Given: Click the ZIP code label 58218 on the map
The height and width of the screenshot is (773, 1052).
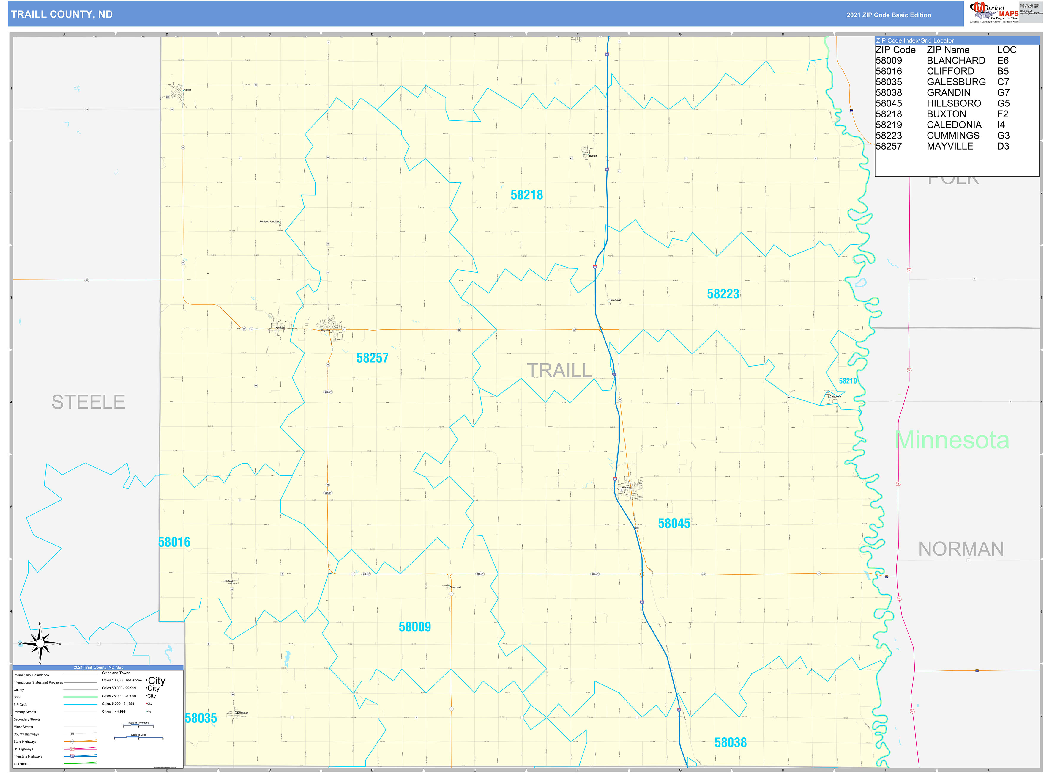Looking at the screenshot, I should [526, 195].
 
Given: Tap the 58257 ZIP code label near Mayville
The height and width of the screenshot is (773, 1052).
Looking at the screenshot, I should [372, 359].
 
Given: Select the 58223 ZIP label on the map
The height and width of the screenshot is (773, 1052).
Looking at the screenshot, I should [723, 294].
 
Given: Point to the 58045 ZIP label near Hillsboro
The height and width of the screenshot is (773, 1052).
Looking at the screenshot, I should [674, 524].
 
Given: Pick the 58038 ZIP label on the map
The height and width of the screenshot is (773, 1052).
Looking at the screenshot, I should [730, 743].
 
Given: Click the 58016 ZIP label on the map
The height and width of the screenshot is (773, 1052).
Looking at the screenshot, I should [174, 542].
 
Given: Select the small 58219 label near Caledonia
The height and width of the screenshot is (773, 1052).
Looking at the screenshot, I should [848, 381].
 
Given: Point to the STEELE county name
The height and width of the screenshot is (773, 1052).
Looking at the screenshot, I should [88, 402].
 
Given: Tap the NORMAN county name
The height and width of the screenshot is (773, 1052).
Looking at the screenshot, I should [961, 549].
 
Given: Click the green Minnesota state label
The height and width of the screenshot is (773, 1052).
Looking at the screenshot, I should [952, 440].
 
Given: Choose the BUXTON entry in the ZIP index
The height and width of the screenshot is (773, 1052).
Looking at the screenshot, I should [946, 114].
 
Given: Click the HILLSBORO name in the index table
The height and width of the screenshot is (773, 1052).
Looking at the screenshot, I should [954, 103].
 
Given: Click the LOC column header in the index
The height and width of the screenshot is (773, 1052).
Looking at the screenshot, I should [1007, 50].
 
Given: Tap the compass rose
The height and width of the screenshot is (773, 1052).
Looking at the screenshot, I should [40, 644].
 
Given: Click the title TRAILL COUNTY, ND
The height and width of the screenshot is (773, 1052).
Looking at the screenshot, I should [62, 15].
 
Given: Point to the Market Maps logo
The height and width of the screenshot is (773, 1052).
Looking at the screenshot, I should [994, 12].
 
